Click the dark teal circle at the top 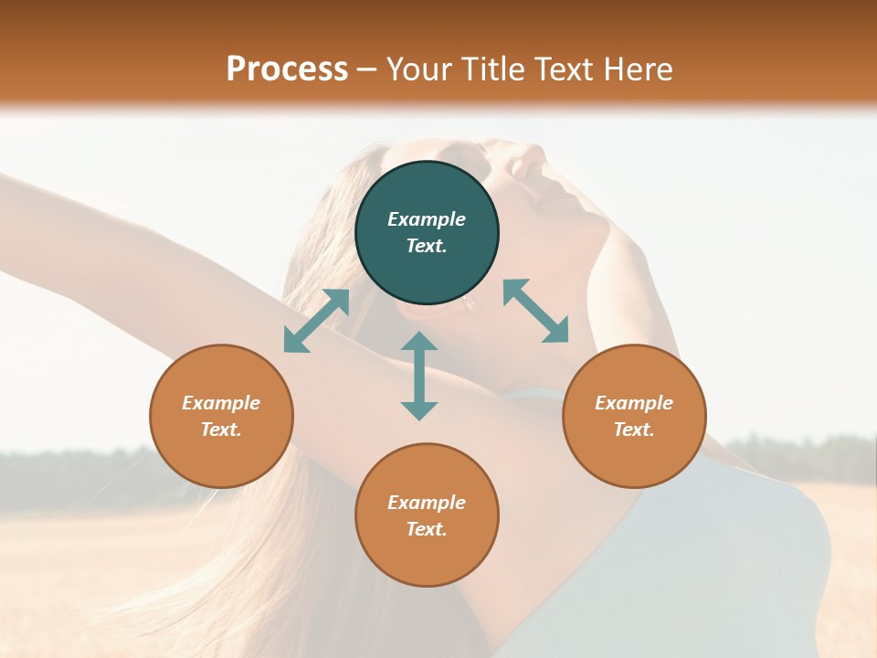pyautogui.click(x=427, y=233)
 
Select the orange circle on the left pyautogui.click(x=221, y=416)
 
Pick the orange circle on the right pyautogui.click(x=634, y=416)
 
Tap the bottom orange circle pyautogui.click(x=427, y=515)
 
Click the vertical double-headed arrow pyautogui.click(x=419, y=376)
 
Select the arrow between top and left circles pyautogui.click(x=316, y=321)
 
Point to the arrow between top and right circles pyautogui.click(x=536, y=311)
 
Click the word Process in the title pyautogui.click(x=287, y=69)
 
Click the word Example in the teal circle pyautogui.click(x=427, y=219)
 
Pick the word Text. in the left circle pyautogui.click(x=221, y=430)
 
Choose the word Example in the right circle pyautogui.click(x=634, y=403)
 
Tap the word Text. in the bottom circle pyautogui.click(x=427, y=529)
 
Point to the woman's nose pyautogui.click(x=530, y=165)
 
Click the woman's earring pyautogui.click(x=471, y=305)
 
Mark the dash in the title pyautogui.click(x=367, y=69)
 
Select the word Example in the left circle pyautogui.click(x=221, y=403)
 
